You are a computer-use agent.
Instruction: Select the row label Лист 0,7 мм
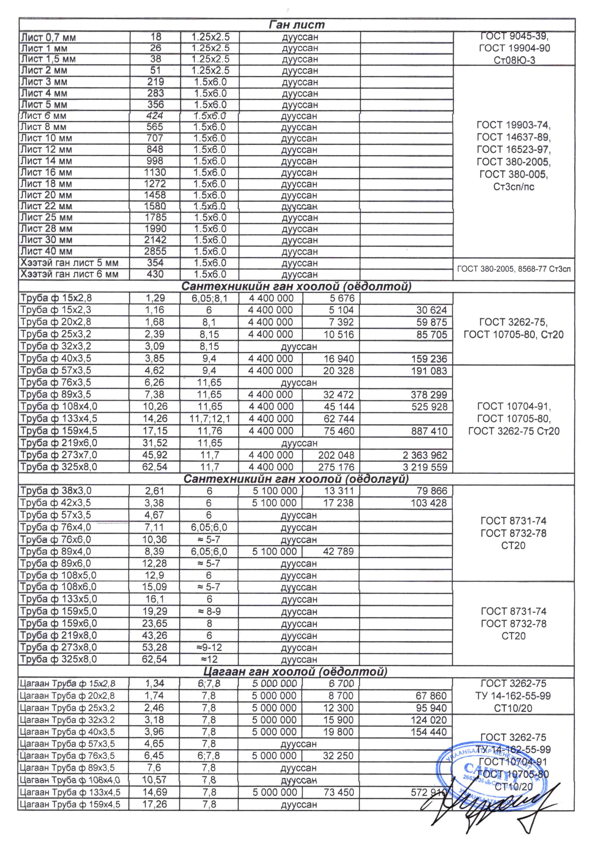[x=48, y=37]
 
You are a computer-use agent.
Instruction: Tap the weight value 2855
[x=155, y=251]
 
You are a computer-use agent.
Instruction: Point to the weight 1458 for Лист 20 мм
[x=155, y=195]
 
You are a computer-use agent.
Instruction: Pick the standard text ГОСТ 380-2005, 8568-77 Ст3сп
[x=514, y=269]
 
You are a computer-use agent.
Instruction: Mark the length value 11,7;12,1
[x=210, y=419]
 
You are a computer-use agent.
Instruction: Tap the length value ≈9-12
[x=209, y=647]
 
